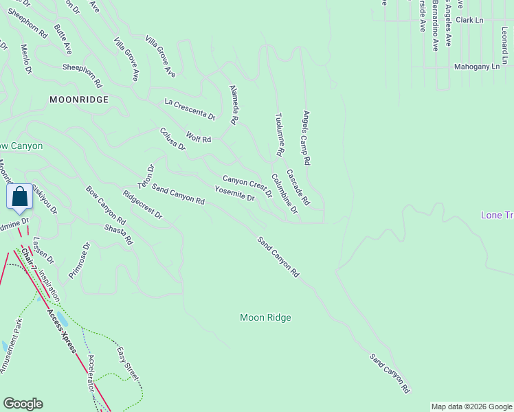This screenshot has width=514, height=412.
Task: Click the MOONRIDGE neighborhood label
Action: (79, 100)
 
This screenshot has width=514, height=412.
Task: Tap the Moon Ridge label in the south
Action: (265, 317)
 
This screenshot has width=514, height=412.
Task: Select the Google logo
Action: (23, 404)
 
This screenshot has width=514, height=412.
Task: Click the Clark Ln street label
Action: (469, 21)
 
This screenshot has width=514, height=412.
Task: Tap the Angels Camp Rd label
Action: (307, 137)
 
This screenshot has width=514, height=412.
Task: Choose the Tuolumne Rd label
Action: (279, 135)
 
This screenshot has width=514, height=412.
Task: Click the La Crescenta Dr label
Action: (190, 108)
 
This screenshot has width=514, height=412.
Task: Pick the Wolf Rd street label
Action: (198, 138)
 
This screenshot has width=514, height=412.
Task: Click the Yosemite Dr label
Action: (234, 194)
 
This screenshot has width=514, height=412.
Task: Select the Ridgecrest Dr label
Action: (142, 204)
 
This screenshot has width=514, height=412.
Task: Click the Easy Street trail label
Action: (128, 364)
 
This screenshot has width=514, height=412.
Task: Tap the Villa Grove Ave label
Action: (126, 60)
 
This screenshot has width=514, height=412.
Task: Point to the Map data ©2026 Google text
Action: (471, 407)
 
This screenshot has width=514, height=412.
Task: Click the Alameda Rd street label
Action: (234, 104)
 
